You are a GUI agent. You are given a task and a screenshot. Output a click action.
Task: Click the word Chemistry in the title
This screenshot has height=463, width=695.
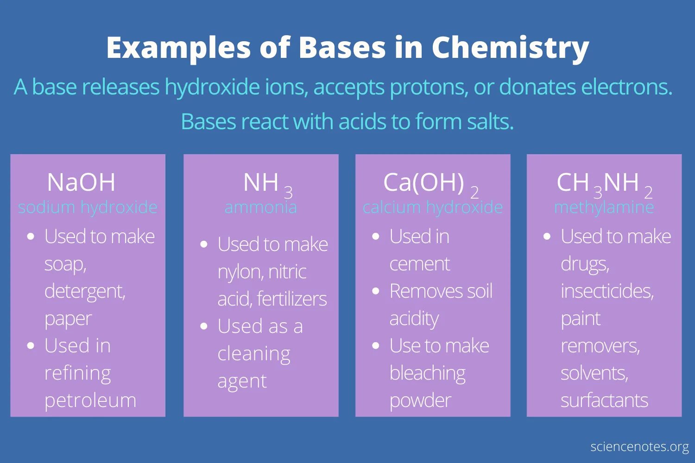[x=510, y=48]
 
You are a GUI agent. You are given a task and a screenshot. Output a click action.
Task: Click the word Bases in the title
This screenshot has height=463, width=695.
[x=342, y=48]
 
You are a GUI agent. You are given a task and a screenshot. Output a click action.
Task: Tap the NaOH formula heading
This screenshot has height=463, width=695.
[x=81, y=182]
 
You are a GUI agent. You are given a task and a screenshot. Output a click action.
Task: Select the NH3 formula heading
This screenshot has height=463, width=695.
[x=267, y=184]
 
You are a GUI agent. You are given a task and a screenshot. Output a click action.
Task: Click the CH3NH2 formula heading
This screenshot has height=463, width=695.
[x=604, y=184]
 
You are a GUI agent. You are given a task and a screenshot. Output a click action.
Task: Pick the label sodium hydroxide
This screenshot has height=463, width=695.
[x=88, y=207]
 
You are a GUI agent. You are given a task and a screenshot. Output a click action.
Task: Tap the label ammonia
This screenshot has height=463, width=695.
[x=260, y=207]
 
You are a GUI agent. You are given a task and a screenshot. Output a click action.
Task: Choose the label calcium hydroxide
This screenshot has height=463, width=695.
[x=432, y=207]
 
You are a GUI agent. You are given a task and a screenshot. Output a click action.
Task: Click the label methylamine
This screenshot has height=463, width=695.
[x=604, y=207]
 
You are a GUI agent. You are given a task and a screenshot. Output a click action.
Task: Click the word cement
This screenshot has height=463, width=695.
[x=419, y=264]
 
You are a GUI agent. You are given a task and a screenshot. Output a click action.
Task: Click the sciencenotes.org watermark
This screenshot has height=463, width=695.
[x=639, y=447]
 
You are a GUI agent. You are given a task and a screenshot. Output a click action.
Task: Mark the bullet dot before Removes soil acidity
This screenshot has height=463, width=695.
[x=376, y=291]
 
